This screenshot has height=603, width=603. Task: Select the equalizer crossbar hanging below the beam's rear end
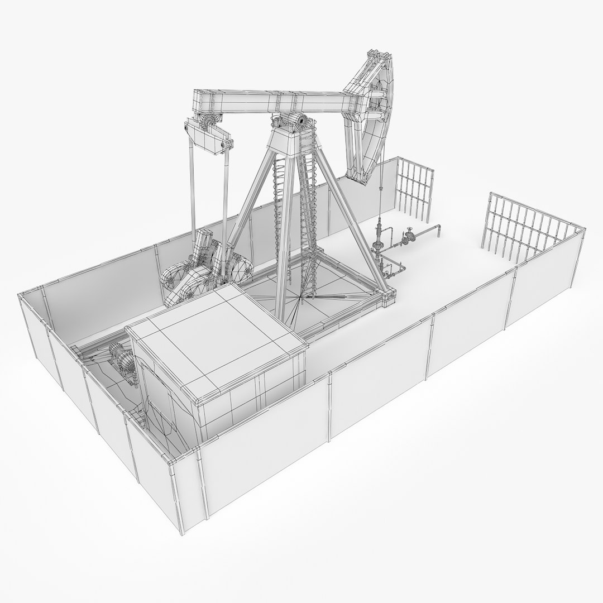point(208,137)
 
